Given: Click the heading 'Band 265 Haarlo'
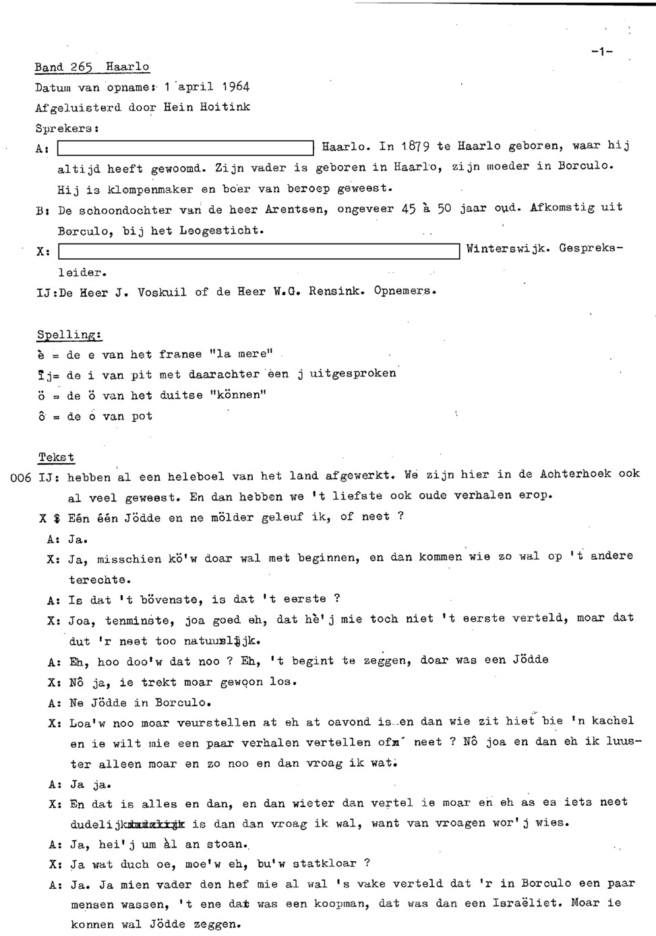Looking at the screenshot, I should pos(92,67).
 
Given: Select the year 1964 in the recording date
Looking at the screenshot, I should pos(235,86).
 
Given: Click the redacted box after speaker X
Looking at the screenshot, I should pos(259,252).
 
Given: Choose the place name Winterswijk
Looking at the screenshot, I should pos(506,249).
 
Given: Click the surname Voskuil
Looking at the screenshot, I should pos(162,293).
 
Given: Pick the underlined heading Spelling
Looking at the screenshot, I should pos(68,334).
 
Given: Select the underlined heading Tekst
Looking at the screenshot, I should pos(56,457).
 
